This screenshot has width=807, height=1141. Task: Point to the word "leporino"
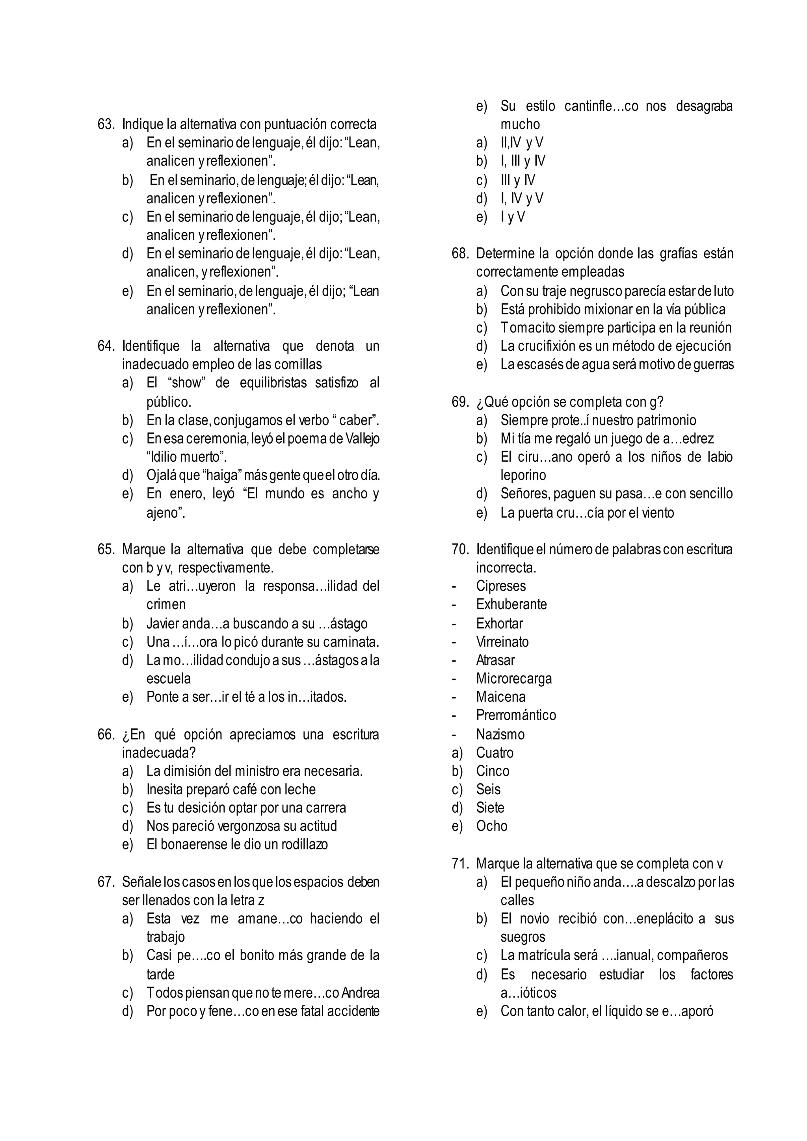click(523, 475)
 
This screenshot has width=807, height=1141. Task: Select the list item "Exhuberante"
click(511, 604)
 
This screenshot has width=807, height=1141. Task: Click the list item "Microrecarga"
click(514, 678)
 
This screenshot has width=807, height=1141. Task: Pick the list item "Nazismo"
click(500, 734)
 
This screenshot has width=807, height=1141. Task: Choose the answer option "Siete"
click(490, 808)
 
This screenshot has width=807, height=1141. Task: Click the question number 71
click(460, 864)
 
